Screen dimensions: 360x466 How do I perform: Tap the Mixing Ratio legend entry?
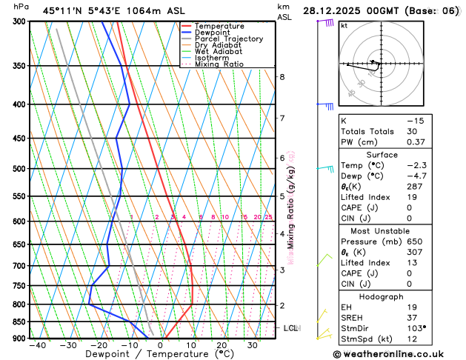[220, 64]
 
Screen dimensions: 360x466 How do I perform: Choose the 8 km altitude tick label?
[282, 77]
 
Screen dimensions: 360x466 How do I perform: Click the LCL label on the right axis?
[291, 327]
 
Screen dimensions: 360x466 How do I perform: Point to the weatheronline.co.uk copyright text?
[396, 354]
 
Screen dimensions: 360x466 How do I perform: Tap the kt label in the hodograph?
[344, 25]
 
